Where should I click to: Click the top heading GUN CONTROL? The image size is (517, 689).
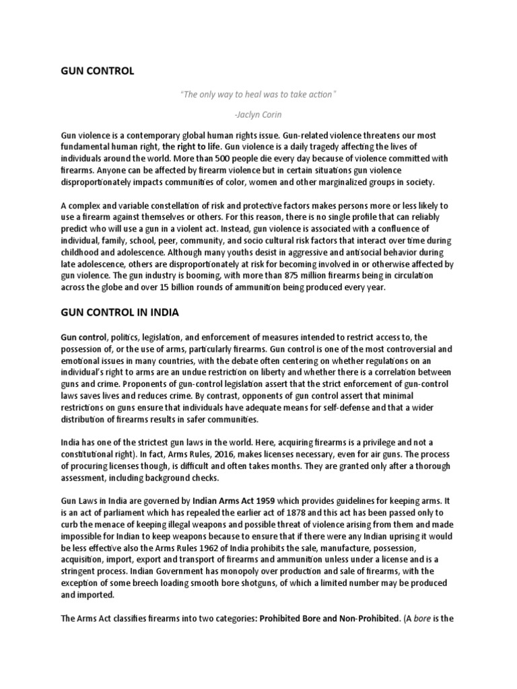(97, 71)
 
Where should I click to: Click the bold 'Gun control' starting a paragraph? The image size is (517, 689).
(83, 336)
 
